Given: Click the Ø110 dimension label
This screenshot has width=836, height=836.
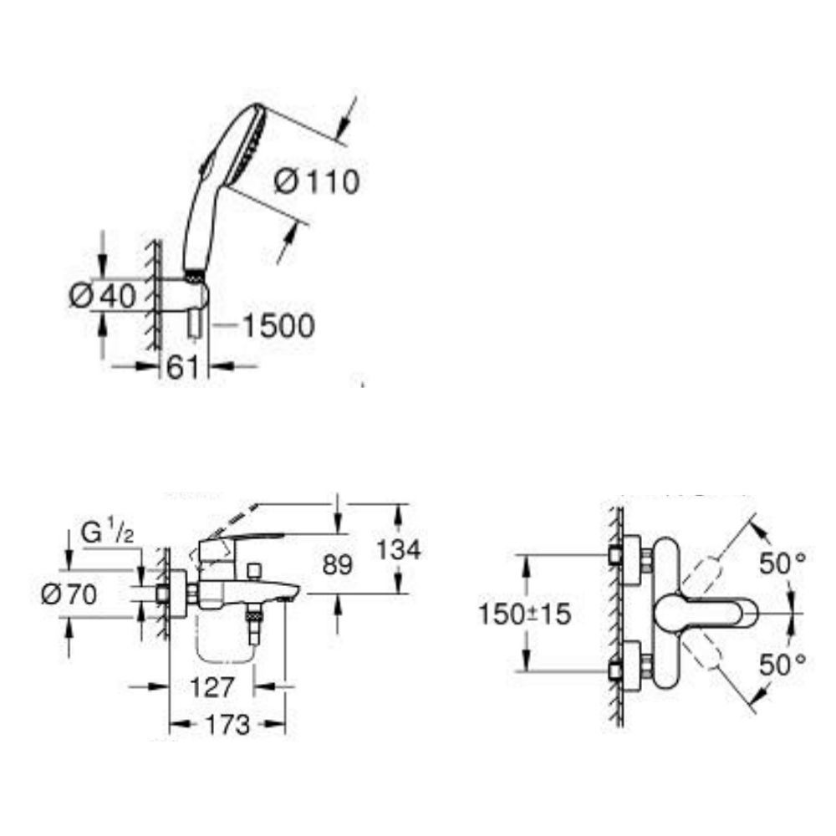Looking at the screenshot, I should coord(317,181).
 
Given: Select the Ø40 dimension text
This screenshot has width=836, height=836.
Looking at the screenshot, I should coord(103,296).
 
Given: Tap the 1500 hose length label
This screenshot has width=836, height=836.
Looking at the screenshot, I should coord(278,326).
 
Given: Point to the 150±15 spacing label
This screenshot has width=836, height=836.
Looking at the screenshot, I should coord(523,614).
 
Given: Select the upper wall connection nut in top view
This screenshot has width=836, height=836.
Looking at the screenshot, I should coord(618,556).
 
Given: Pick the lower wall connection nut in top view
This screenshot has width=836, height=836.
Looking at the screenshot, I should coord(618,670).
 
